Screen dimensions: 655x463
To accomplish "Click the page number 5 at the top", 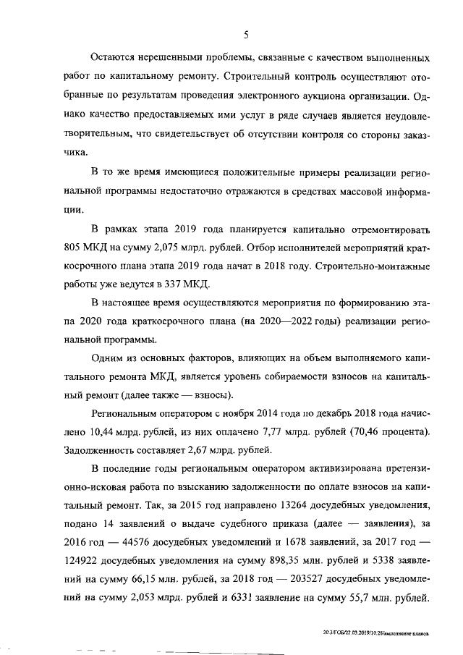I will [246, 35].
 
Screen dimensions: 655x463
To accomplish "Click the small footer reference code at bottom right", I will [376, 632].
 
